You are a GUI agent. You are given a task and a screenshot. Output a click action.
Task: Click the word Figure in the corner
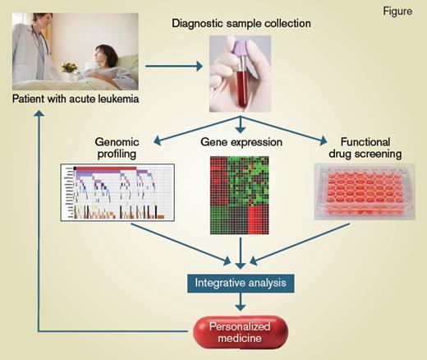tap(397, 12)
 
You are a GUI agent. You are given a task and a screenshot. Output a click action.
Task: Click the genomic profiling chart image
tap(119, 193)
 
